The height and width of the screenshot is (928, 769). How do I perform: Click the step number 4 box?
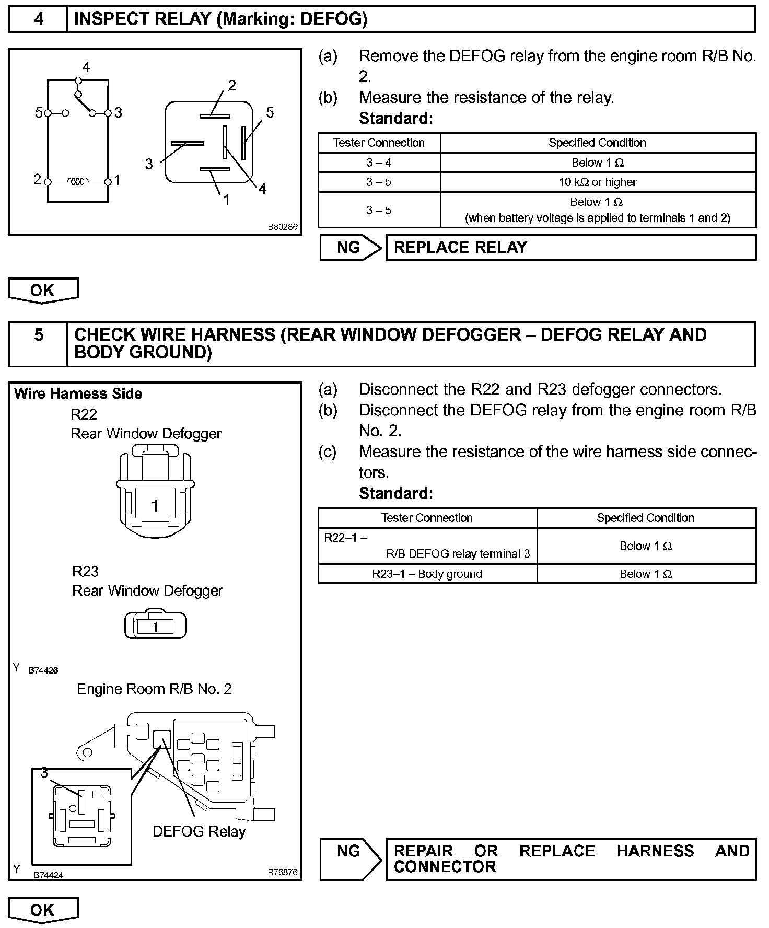pyautogui.click(x=38, y=19)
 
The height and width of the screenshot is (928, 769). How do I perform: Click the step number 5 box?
pyautogui.click(x=38, y=343)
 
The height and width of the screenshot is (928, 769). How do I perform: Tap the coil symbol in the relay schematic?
pyautogui.click(x=77, y=181)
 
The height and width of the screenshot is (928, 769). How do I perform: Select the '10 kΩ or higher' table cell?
pyautogui.click(x=598, y=182)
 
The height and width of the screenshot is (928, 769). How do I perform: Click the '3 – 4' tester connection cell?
pyautogui.click(x=379, y=163)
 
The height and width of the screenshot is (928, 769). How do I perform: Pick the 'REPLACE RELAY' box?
pyautogui.click(x=570, y=248)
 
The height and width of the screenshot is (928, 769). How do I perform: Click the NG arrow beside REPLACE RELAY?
pyautogui.click(x=350, y=248)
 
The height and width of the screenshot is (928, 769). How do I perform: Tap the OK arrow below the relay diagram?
pyautogui.click(x=43, y=291)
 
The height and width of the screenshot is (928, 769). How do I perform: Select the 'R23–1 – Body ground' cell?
pyautogui.click(x=427, y=574)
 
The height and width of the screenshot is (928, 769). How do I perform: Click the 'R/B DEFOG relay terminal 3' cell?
pyautogui.click(x=427, y=546)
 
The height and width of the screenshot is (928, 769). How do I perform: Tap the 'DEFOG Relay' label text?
pyautogui.click(x=199, y=831)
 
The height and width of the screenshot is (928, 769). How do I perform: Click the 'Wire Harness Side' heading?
pyautogui.click(x=78, y=393)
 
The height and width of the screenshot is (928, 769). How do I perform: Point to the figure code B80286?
pyautogui.click(x=282, y=227)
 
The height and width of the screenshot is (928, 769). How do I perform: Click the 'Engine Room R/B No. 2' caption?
pyautogui.click(x=154, y=689)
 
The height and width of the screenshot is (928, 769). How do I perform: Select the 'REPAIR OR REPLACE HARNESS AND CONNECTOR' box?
pyautogui.click(x=570, y=859)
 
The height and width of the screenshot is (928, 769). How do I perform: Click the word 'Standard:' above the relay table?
pyautogui.click(x=396, y=119)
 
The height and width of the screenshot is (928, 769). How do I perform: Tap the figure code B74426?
pyautogui.click(x=43, y=670)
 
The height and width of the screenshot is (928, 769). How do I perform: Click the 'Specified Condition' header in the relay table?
pyautogui.click(x=597, y=143)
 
